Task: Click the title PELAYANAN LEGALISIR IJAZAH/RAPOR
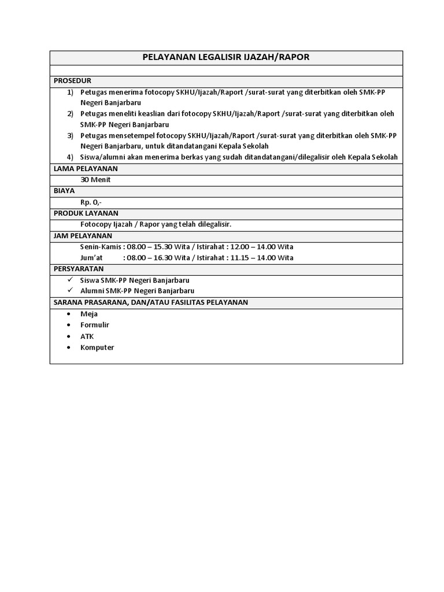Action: [x=226, y=57]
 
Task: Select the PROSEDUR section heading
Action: [x=72, y=80]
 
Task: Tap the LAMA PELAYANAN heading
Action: [x=85, y=169]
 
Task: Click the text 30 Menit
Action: [x=95, y=180]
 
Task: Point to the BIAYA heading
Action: [x=64, y=191]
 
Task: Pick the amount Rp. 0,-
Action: [x=91, y=202]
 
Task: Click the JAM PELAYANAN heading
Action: [x=83, y=236]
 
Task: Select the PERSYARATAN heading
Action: [x=79, y=269]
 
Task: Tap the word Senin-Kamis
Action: [x=101, y=247]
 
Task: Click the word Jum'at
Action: [x=91, y=258]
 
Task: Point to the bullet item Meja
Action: [x=89, y=314]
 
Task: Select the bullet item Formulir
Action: [x=95, y=325]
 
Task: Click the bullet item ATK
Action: [x=87, y=336]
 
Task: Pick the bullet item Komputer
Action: [x=97, y=347]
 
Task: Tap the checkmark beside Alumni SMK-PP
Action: [x=70, y=291]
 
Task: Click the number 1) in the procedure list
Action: [x=70, y=92]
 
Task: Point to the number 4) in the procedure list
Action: [x=70, y=157]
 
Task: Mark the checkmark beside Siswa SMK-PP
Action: [x=70, y=280]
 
